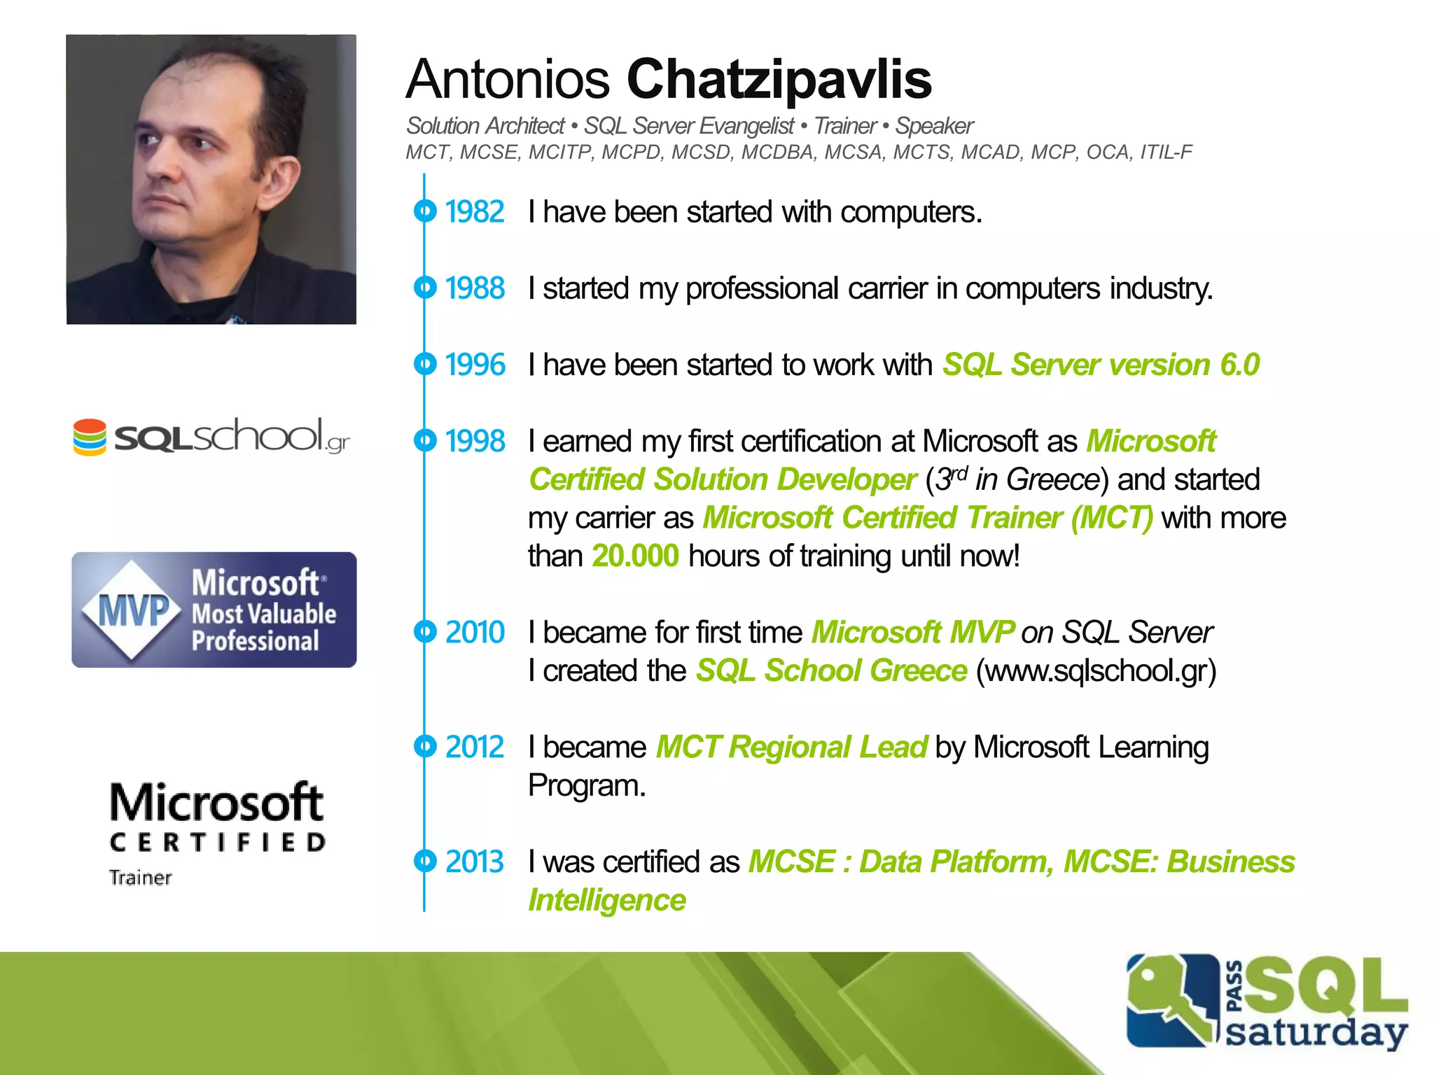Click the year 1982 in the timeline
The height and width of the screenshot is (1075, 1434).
tap(475, 212)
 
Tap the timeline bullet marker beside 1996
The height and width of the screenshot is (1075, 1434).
tap(424, 364)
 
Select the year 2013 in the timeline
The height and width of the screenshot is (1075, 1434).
tap(475, 862)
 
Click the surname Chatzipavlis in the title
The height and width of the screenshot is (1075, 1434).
tap(779, 79)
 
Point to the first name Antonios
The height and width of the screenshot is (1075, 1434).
tap(508, 79)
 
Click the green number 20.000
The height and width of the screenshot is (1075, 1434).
tap(635, 556)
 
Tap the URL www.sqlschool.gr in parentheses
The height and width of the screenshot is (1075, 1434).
tap(1096, 670)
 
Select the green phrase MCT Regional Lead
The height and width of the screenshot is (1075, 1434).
tap(791, 747)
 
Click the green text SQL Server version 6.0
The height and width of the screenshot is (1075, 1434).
tap(1101, 365)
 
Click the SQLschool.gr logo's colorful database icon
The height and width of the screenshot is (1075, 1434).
tap(90, 437)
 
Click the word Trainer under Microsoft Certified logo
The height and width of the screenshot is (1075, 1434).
tap(140, 878)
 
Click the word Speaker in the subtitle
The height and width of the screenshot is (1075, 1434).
tap(934, 126)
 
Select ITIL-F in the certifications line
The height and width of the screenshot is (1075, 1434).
tap(1166, 152)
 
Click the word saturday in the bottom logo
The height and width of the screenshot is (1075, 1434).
tap(1316, 1033)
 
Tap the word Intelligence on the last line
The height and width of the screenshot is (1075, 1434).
tap(607, 900)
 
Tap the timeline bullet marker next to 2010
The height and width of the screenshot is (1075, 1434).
tap(424, 632)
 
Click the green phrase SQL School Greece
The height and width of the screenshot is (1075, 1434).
tap(831, 670)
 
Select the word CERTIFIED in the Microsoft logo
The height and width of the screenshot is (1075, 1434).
tap(217, 842)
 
